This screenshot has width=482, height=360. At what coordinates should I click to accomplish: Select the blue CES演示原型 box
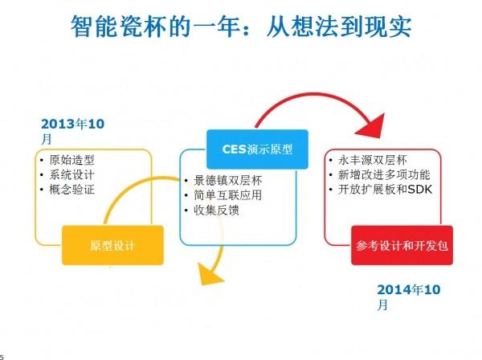258,149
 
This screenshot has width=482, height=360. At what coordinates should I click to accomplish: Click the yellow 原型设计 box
112,244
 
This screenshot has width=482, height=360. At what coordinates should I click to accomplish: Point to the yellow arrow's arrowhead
210,276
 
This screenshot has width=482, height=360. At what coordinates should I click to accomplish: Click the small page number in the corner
2,356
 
